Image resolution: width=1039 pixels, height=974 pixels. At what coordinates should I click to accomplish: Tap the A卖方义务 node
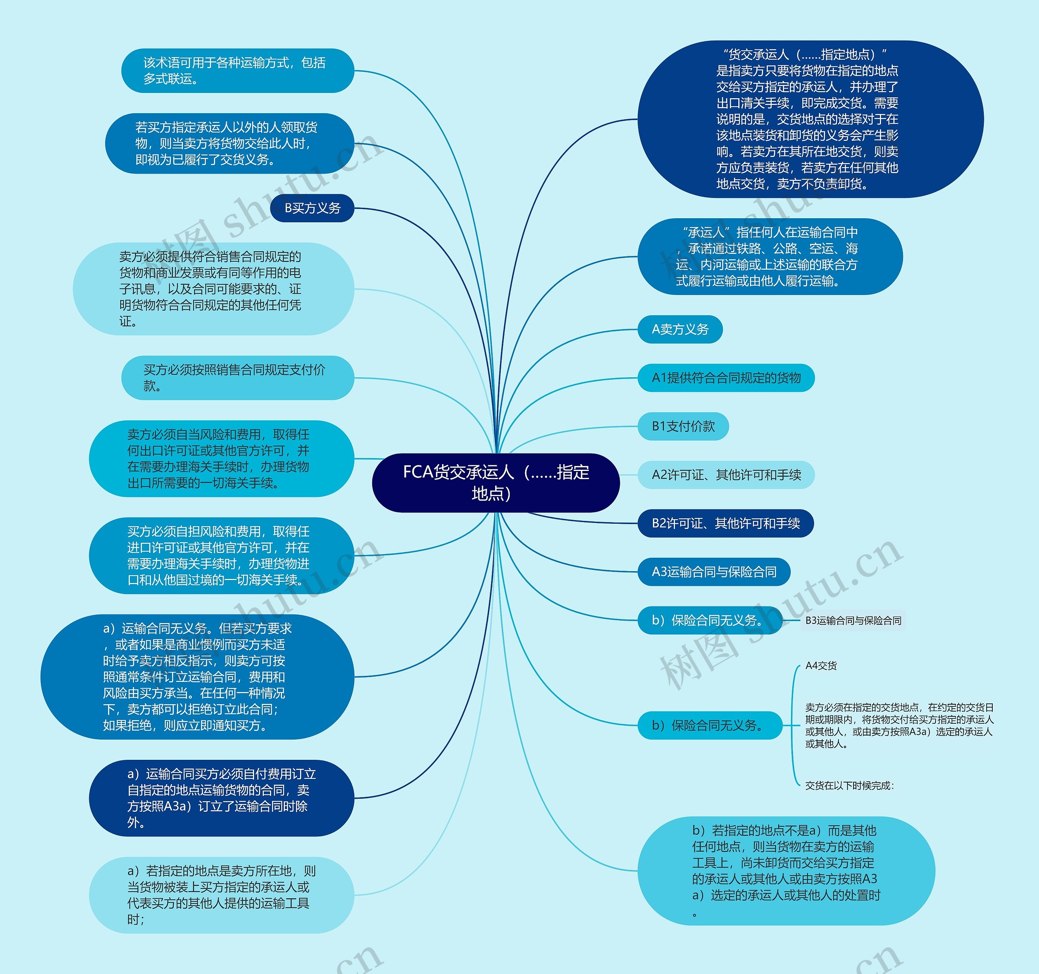click(679, 329)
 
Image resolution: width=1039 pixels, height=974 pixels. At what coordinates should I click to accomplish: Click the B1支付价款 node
click(683, 426)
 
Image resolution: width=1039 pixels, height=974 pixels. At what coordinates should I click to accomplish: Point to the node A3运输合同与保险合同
click(714, 572)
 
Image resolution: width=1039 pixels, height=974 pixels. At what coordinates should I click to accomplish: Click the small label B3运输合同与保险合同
click(853, 620)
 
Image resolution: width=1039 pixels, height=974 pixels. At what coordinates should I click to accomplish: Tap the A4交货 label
click(821, 665)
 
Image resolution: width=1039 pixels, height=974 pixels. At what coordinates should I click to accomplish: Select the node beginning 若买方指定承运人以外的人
click(229, 144)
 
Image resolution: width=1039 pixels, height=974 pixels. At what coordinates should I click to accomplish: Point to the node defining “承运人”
click(770, 256)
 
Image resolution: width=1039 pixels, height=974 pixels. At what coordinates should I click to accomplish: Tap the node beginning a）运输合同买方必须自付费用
click(221, 798)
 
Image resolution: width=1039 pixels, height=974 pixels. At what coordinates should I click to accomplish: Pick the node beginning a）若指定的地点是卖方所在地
click(221, 894)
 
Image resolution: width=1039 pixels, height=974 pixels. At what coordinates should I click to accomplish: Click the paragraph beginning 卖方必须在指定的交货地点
click(899, 725)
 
